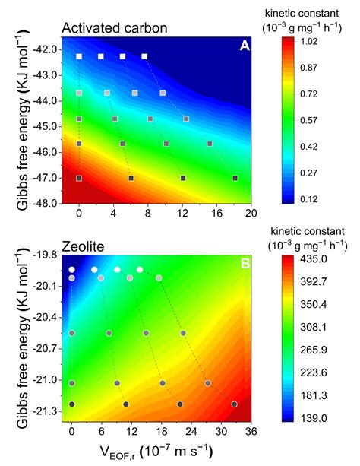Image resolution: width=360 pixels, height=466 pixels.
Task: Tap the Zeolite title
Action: click(84, 246)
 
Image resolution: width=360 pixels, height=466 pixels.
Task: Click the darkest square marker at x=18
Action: click(235, 178)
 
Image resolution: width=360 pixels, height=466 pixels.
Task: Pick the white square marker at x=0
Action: click(79, 56)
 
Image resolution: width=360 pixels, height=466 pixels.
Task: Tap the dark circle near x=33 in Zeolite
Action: click(235, 404)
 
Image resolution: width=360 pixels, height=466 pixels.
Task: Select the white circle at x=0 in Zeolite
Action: click(72, 270)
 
